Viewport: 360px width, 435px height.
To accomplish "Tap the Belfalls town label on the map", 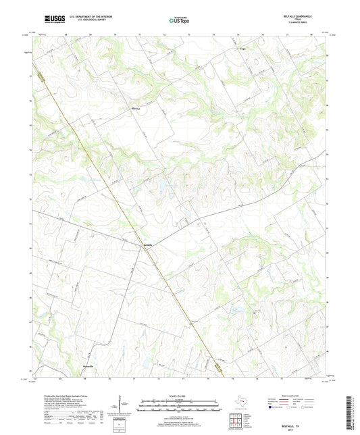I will click(149, 244).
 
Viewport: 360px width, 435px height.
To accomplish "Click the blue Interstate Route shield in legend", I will click(270, 408).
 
